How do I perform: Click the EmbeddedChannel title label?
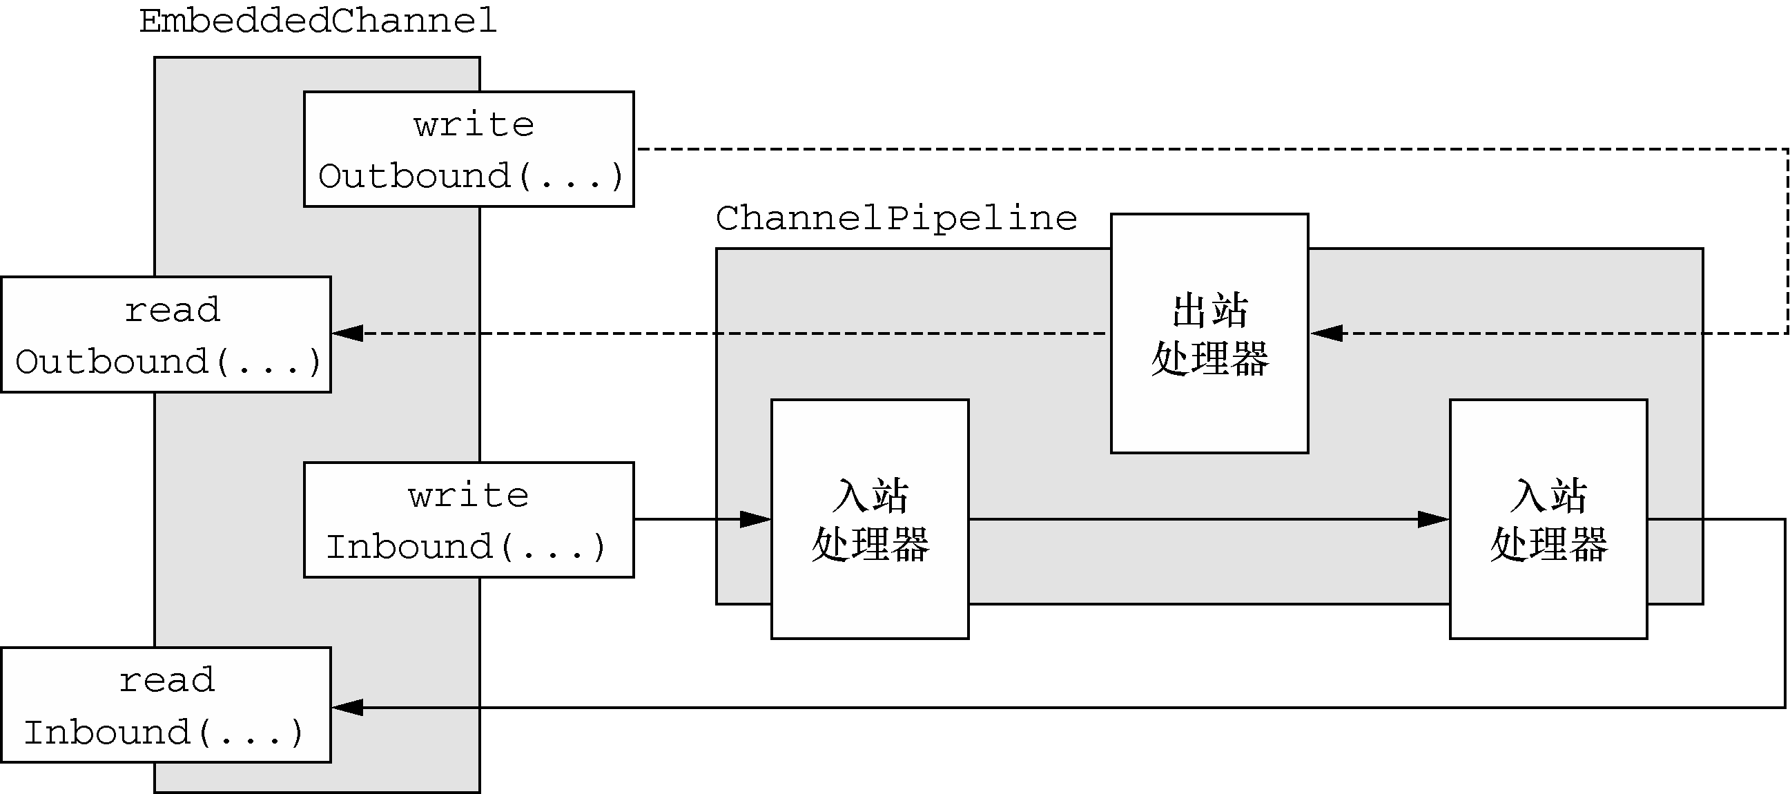point(318,21)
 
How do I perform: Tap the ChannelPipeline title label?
point(897,219)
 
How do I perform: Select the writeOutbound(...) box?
point(469,148)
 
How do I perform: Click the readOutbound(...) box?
point(166,334)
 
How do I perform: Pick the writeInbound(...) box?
point(469,519)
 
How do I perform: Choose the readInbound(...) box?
point(166,705)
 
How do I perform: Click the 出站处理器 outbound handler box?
point(1209,333)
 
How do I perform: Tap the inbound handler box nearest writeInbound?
point(870,519)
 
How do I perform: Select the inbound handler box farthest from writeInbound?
point(1548,519)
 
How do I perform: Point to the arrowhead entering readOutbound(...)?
point(347,333)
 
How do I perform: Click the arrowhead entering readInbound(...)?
point(347,708)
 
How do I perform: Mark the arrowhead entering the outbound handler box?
point(1326,333)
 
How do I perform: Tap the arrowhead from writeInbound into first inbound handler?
point(755,519)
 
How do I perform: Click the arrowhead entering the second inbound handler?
point(1434,519)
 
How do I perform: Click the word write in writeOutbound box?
point(474,125)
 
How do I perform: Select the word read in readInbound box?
point(168,680)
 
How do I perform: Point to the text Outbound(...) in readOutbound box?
point(168,362)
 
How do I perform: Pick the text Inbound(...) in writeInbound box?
point(466,548)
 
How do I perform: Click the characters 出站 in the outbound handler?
point(1210,311)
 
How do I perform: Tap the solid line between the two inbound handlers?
point(1209,519)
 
